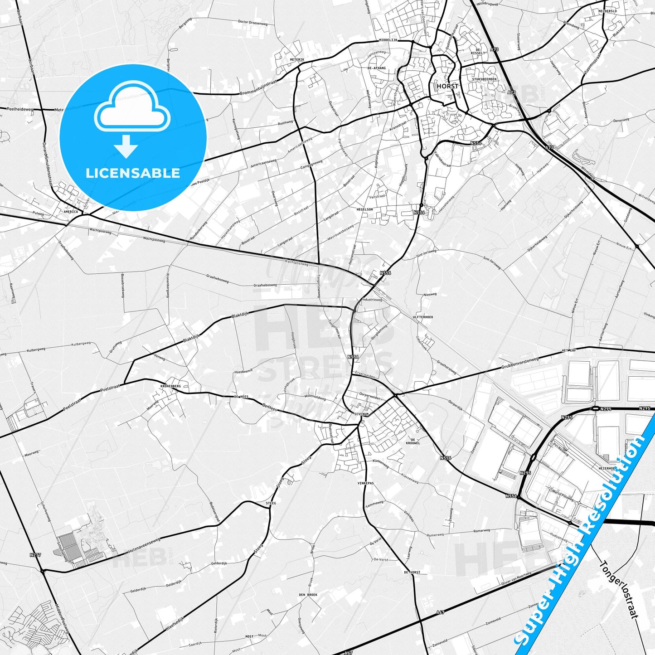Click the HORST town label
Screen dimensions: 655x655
(x=447, y=86)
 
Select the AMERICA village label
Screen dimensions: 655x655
(x=71, y=212)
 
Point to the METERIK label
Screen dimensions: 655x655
(x=297, y=60)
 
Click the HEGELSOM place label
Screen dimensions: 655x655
(x=364, y=209)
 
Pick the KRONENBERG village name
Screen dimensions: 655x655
(x=170, y=386)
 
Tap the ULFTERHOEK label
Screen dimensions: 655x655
(x=423, y=317)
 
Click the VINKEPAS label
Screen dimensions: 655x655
(x=365, y=483)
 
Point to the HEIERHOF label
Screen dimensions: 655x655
(x=607, y=468)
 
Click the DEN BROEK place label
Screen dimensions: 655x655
(x=308, y=594)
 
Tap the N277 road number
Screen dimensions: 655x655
(x=35, y=555)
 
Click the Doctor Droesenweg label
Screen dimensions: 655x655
(x=252, y=22)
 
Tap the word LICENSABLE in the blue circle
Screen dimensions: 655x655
(x=133, y=173)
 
